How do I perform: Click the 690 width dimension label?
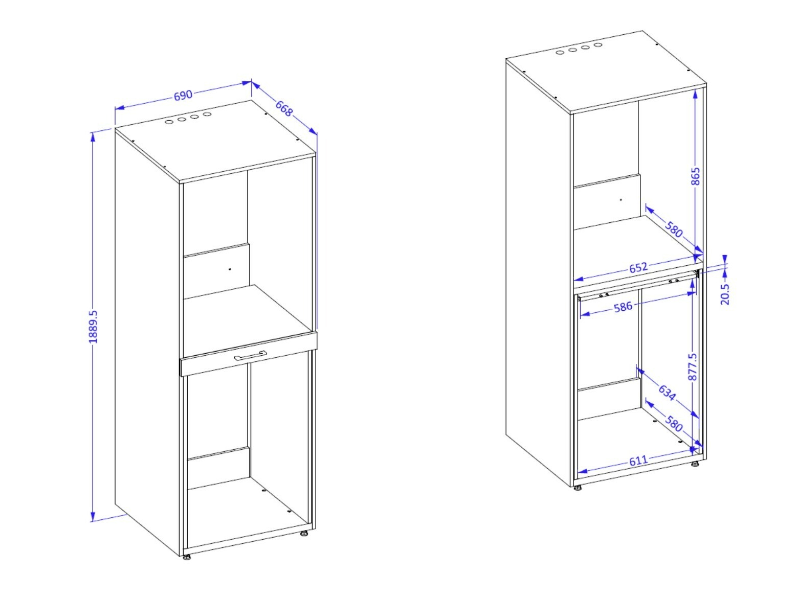pyautogui.click(x=183, y=95)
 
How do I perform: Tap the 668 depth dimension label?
pyautogui.click(x=284, y=108)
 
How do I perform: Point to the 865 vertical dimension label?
pyautogui.click(x=695, y=177)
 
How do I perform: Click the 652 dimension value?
pyautogui.click(x=638, y=267)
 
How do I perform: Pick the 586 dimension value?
pyautogui.click(x=623, y=307)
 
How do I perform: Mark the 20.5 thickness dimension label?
pyautogui.click(x=725, y=293)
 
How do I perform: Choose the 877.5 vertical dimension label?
pyautogui.click(x=693, y=366)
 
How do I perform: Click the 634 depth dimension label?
pyautogui.click(x=667, y=392)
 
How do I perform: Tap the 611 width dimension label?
pyautogui.click(x=638, y=461)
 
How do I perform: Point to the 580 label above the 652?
pyautogui.click(x=674, y=229)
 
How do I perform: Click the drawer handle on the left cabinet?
pyautogui.click(x=251, y=356)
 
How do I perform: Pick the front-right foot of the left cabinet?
pyautogui.click(x=304, y=534)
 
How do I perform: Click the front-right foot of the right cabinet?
pyautogui.click(x=695, y=465)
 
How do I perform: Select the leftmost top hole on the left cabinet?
pyautogui.click(x=168, y=123)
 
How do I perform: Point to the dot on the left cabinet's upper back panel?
pyautogui.click(x=230, y=269)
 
